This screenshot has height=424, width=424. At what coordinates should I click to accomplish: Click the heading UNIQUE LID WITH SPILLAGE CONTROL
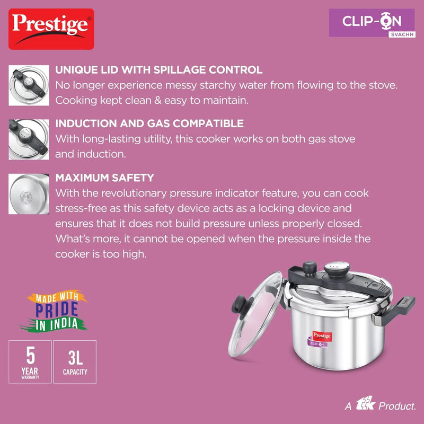[x=159, y=70]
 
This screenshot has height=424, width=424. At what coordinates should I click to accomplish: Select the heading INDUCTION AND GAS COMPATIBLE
[x=149, y=123]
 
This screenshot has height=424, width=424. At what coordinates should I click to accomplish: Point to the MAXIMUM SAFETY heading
[x=104, y=178]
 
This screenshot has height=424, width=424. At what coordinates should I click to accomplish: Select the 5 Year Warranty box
[x=30, y=361]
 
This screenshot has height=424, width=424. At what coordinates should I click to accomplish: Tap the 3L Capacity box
[x=75, y=361]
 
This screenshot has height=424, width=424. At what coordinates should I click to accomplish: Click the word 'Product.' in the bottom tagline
[x=396, y=406]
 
